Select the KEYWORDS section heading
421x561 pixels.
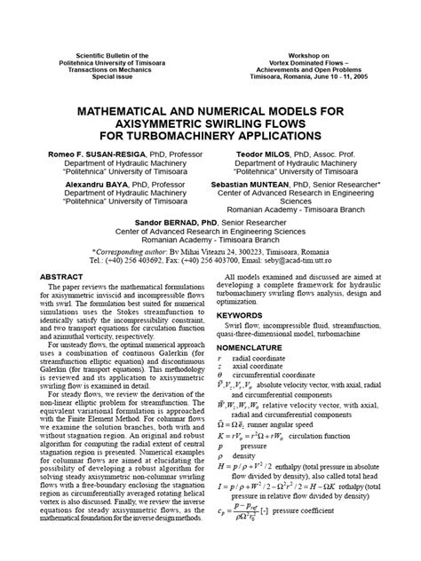[243, 315]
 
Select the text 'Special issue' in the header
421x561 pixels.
[99, 76]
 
